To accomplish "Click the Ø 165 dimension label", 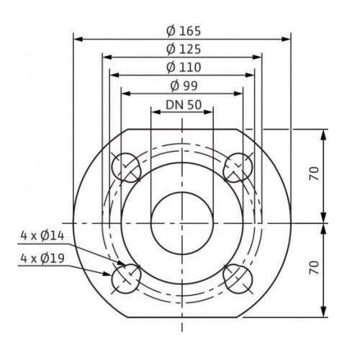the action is (x=184, y=31).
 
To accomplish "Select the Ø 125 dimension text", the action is (x=184, y=50).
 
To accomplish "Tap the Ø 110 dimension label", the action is (x=184, y=68).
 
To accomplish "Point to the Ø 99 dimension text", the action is (x=184, y=86).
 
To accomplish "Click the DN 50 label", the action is (x=184, y=105).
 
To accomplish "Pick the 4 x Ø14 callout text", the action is (x=42, y=236).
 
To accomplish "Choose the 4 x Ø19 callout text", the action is (x=42, y=258).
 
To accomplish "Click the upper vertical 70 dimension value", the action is (x=315, y=174).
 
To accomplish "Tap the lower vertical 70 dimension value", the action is (x=315, y=268).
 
